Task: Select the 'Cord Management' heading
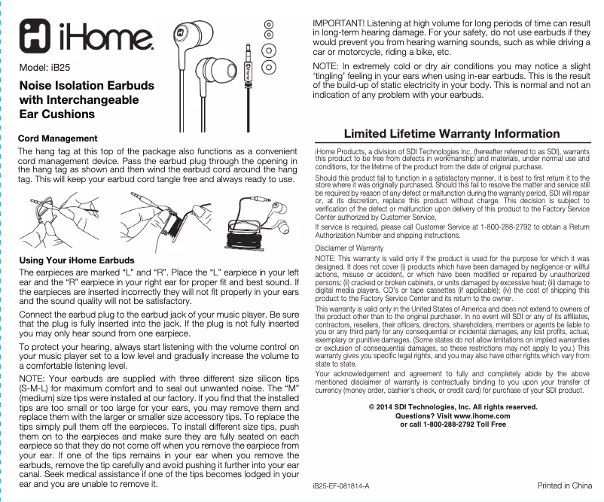[x=57, y=139]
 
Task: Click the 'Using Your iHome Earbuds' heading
[x=76, y=260]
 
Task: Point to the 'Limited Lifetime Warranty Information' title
[x=451, y=134]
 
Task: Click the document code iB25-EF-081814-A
[x=341, y=487]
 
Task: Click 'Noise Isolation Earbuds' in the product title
[x=86, y=85]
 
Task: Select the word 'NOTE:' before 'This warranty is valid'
[x=325, y=259]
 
